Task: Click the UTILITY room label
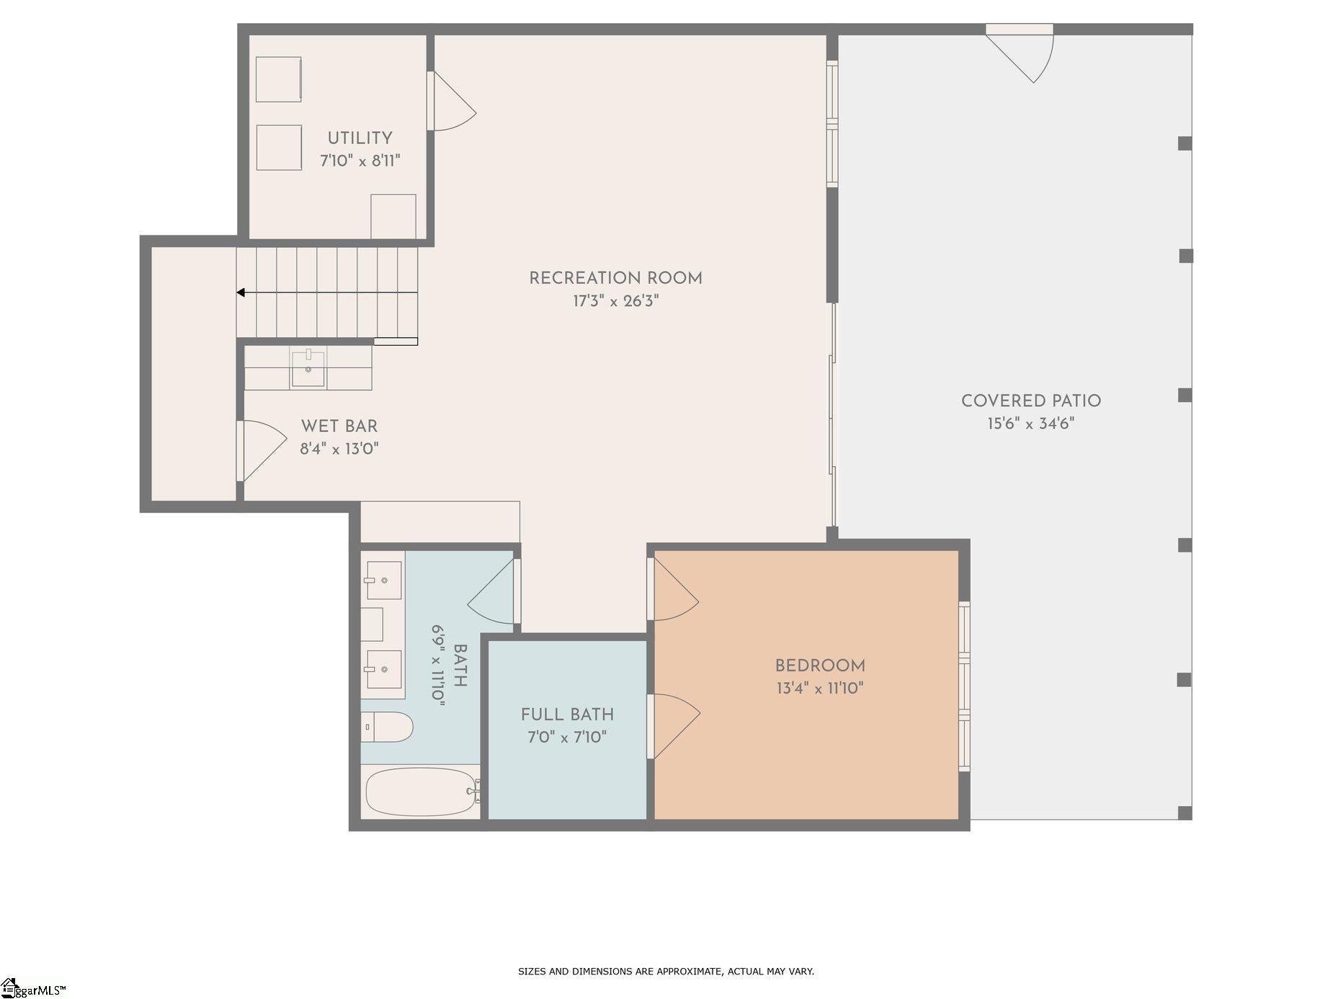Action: click(x=360, y=138)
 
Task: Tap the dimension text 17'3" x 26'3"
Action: click(x=615, y=301)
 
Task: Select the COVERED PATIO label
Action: click(x=1030, y=400)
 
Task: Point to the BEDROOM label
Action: click(x=819, y=666)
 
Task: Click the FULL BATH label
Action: click(x=567, y=714)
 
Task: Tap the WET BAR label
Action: click(x=339, y=426)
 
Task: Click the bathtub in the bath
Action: click(x=421, y=792)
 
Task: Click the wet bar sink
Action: click(x=308, y=367)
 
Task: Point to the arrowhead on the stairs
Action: click(x=241, y=292)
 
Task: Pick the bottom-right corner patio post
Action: click(x=1184, y=813)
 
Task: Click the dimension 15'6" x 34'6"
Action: click(x=1030, y=424)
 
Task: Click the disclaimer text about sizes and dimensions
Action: click(x=666, y=972)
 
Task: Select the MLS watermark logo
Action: click(x=34, y=990)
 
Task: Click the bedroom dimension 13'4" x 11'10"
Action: click(x=819, y=689)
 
